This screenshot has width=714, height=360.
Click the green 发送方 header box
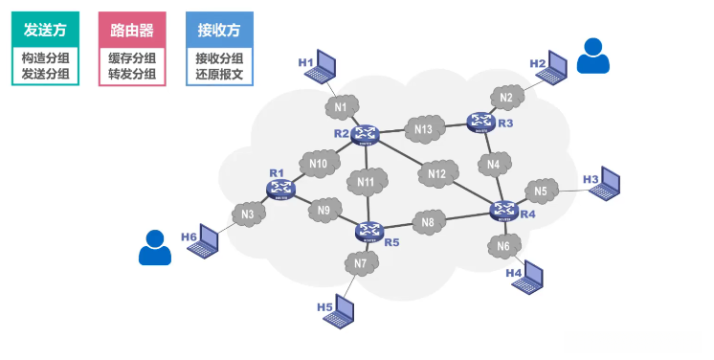(45, 29)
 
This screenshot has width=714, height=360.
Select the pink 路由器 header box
(132, 29)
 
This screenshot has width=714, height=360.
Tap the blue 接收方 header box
(219, 29)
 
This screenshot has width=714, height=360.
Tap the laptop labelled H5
(342, 311)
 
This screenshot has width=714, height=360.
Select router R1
(280, 190)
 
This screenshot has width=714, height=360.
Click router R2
(365, 134)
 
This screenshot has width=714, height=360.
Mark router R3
(480, 122)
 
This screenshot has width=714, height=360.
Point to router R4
(502, 211)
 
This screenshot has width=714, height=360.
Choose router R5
(368, 230)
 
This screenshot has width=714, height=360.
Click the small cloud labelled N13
(423, 129)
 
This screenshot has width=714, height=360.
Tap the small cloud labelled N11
(368, 181)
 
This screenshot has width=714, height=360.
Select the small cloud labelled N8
(428, 223)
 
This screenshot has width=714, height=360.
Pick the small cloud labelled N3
(248, 214)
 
